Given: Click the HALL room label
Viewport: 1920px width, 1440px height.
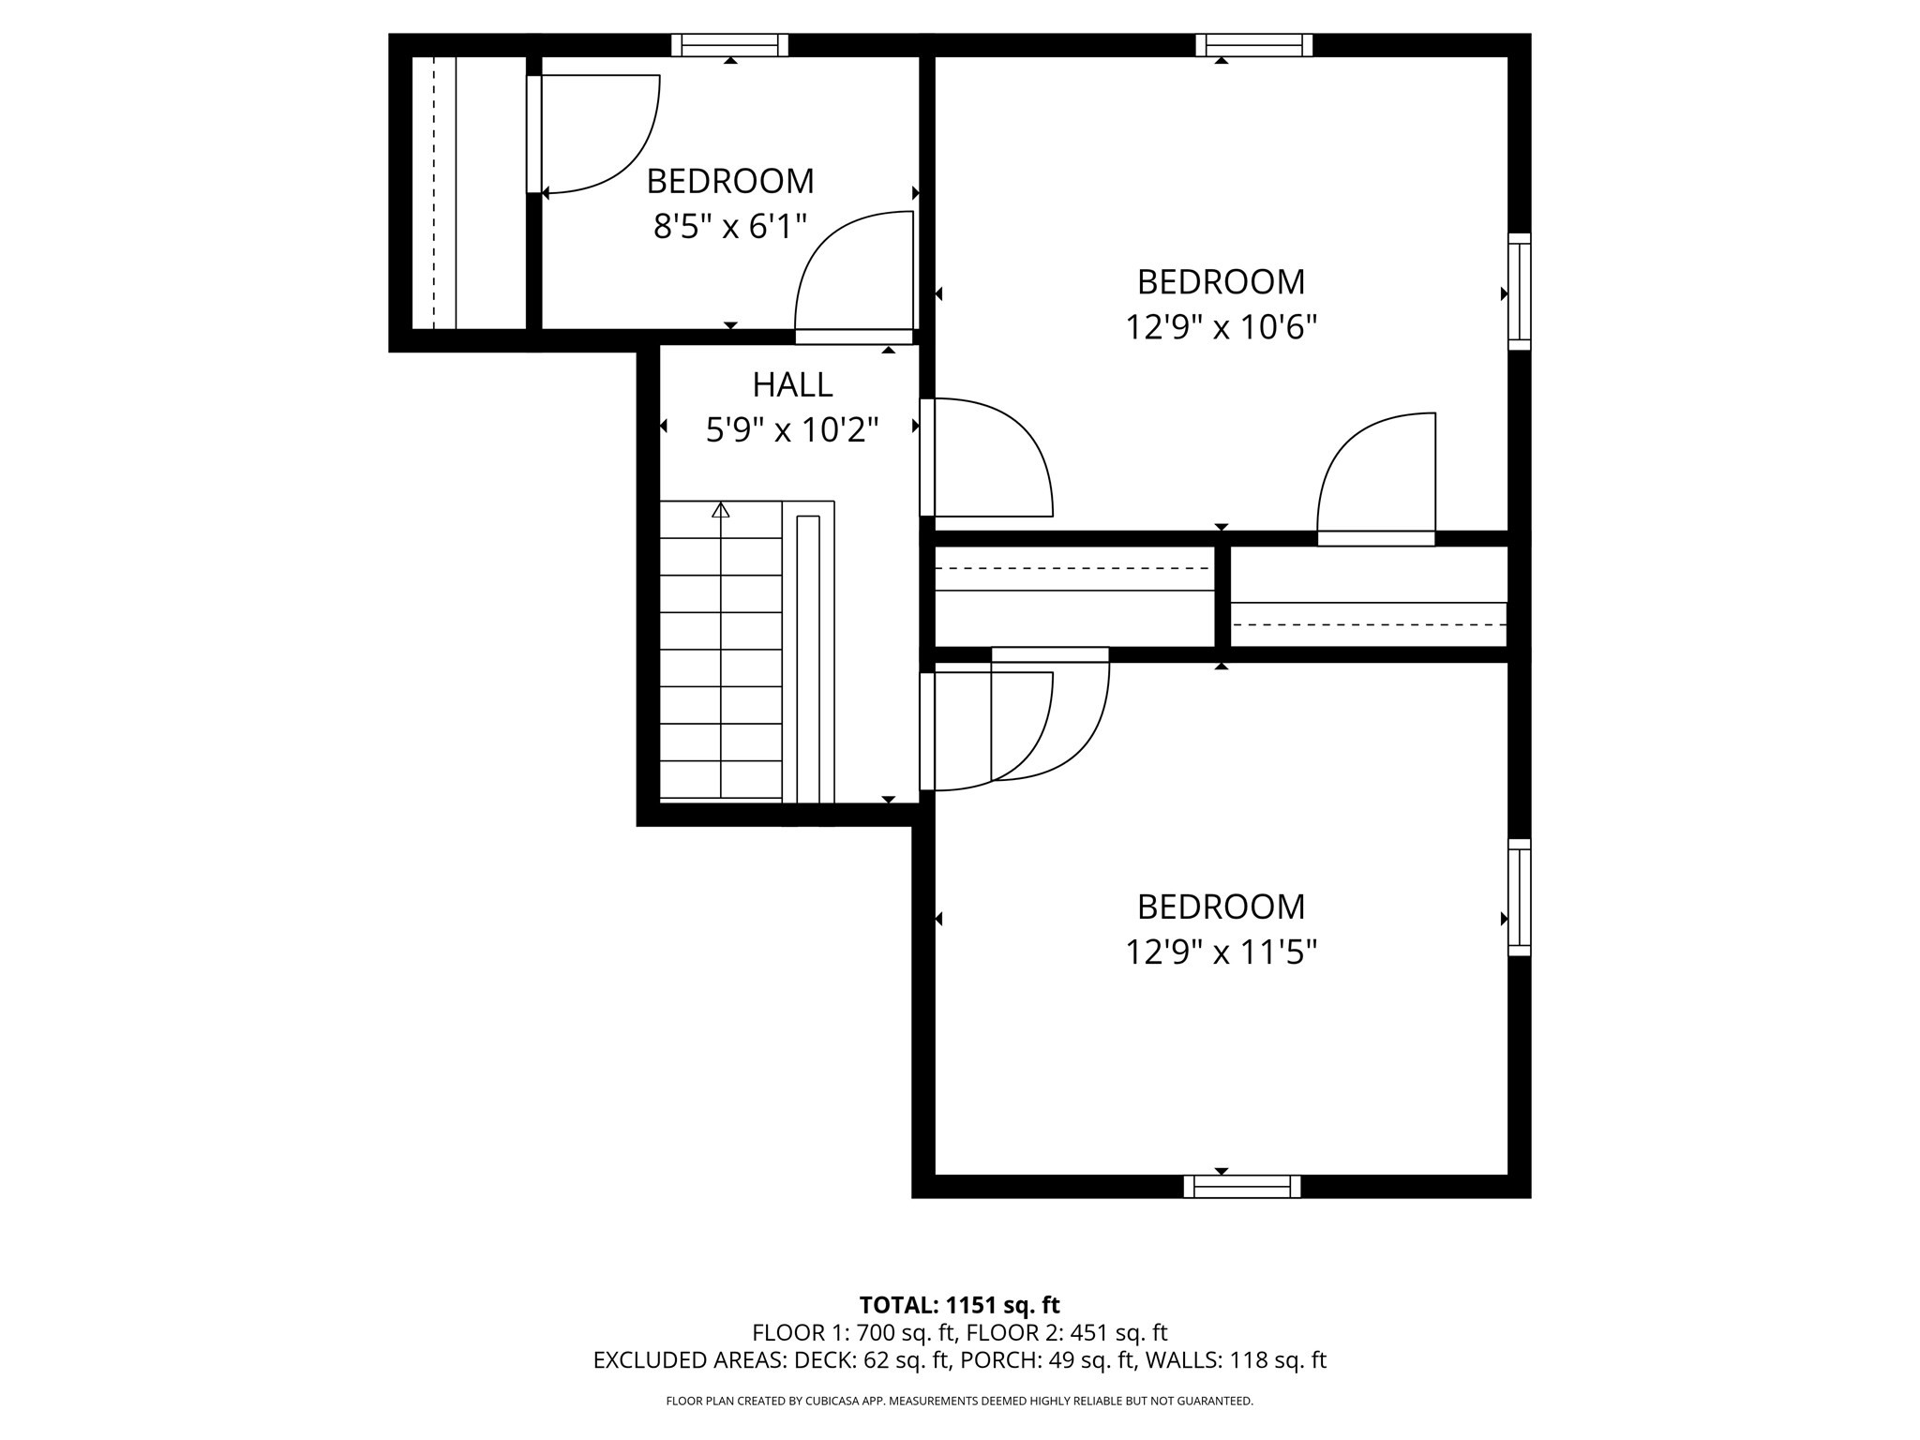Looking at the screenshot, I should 792,384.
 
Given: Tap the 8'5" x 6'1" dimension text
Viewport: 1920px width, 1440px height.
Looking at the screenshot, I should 729,227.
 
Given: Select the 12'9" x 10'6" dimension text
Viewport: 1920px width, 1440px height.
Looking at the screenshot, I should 1221,328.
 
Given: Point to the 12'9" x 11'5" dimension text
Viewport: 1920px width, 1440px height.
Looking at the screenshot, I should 1221,953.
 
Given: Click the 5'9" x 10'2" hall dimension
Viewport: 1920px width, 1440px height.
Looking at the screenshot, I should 792,430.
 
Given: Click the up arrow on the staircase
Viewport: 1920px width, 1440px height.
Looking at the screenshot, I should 720,510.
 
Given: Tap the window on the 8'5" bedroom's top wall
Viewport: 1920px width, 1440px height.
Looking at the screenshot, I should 729,45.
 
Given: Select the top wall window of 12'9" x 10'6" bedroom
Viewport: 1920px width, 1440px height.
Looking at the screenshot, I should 1253,45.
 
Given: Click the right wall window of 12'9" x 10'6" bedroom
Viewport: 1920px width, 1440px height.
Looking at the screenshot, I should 1519,292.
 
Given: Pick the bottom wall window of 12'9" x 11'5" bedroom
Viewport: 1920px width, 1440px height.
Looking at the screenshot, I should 1241,1187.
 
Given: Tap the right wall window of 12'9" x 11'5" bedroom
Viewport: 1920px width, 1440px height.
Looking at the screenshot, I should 1519,897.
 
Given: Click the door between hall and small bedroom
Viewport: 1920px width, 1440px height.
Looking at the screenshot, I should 854,337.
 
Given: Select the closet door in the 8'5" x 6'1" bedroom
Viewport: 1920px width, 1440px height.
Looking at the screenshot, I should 534,134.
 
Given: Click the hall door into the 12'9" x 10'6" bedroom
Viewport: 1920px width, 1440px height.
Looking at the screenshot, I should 927,457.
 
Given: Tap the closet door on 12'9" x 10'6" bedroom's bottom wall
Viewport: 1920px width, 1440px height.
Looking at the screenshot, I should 1376,538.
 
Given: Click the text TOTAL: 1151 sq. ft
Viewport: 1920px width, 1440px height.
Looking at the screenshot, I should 959,1305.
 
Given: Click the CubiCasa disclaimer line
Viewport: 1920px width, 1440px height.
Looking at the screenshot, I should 959,1401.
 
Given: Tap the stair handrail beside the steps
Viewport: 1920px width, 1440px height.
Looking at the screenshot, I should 807,656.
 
